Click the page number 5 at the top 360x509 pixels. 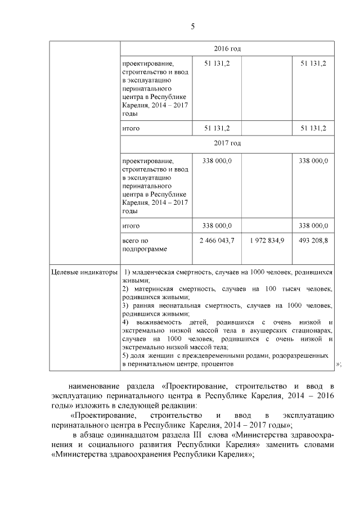pyautogui.click(x=192, y=27)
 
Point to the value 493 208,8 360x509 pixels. pyautogui.click(x=313, y=240)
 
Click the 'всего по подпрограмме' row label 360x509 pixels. pyautogui.click(x=144, y=244)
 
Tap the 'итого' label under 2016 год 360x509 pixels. pyautogui.click(x=130, y=128)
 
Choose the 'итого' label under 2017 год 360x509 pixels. pyautogui.click(x=130, y=226)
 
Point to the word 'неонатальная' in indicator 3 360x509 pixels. pyautogui.click(x=174, y=305)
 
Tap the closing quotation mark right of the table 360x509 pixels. pyautogui.click(x=338, y=364)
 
